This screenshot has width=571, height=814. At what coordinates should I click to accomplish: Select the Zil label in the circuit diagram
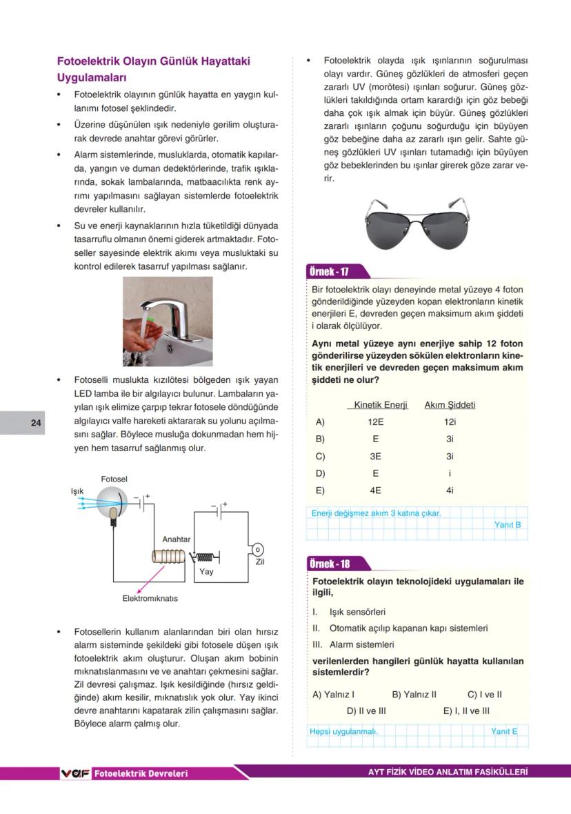(259, 562)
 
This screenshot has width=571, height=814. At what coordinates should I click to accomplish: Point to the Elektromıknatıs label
(150, 598)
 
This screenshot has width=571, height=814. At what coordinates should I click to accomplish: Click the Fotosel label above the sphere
(114, 479)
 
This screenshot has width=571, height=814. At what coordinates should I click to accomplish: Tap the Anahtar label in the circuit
(177, 539)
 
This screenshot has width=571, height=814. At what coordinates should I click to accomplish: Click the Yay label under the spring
(206, 571)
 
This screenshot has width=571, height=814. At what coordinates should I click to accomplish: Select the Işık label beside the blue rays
(77, 491)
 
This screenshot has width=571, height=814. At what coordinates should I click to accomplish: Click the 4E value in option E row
(376, 490)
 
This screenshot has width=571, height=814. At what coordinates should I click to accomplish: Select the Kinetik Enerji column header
(381, 405)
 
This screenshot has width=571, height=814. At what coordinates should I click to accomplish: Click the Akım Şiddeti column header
(450, 405)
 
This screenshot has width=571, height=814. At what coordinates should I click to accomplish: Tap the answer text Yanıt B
(508, 525)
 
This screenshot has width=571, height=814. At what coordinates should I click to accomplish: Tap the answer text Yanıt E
(504, 731)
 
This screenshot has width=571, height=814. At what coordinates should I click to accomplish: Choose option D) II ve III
(366, 711)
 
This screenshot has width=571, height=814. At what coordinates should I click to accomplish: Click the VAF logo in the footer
(75, 773)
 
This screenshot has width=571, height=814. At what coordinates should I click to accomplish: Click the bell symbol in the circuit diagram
(257, 549)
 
